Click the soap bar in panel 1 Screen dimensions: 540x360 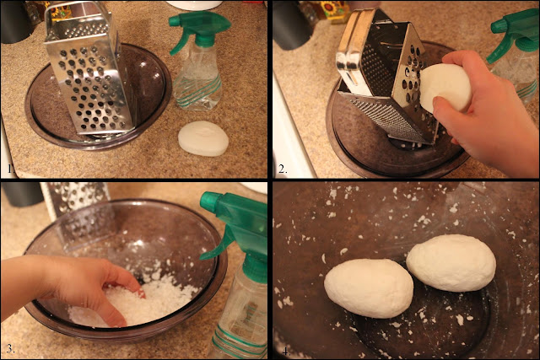click(x=203, y=138)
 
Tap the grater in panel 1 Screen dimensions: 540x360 click(x=88, y=71)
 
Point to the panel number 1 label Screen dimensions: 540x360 click(x=10, y=169)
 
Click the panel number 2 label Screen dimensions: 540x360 click(x=283, y=169)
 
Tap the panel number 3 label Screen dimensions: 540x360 click(x=10, y=349)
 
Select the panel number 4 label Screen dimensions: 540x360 click(x=286, y=352)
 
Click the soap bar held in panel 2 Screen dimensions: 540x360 click(x=446, y=88)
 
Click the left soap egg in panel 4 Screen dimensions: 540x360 click(x=369, y=287)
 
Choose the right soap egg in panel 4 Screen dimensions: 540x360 click(x=451, y=263)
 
